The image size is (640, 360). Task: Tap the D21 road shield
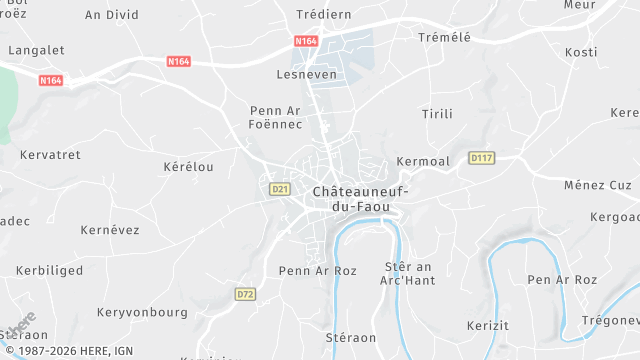pyautogui.click(x=280, y=188)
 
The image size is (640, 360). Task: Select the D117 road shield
pyautogui.click(x=482, y=158)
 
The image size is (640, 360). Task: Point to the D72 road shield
pyautogui.click(x=245, y=294)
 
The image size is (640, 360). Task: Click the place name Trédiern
pyautogui.click(x=325, y=14)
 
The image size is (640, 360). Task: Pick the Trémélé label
pyautogui.click(x=443, y=37)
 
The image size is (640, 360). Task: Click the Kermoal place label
pyautogui.click(x=423, y=161)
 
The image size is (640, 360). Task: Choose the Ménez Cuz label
pyautogui.click(x=598, y=185)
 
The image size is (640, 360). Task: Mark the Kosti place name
pyautogui.click(x=581, y=52)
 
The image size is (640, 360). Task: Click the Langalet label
pyautogui.click(x=36, y=49)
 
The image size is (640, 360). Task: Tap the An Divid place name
pyautogui.click(x=111, y=15)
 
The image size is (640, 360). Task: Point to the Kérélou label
pyautogui.click(x=188, y=167)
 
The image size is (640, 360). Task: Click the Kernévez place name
pyautogui.click(x=110, y=230)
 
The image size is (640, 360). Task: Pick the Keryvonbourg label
pyautogui.click(x=142, y=312)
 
